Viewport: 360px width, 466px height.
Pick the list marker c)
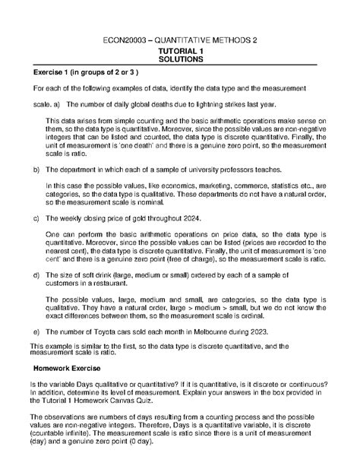(35, 218)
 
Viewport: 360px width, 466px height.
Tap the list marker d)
(35, 274)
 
